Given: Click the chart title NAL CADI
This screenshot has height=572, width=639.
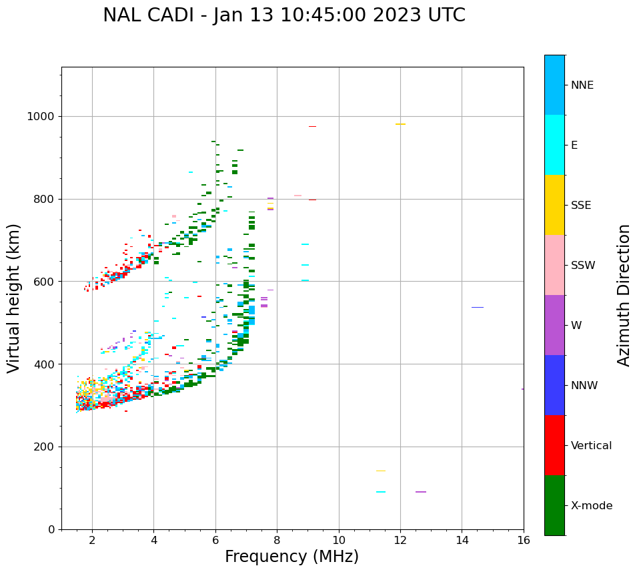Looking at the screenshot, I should click(283, 15).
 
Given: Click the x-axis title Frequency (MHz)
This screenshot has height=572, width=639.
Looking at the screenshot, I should click(291, 557).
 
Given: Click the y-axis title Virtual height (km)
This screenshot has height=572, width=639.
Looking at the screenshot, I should click(14, 298).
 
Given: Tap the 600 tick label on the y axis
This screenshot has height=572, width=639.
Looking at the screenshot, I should click(44, 282).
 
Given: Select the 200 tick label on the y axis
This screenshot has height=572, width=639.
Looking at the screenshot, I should click(44, 447).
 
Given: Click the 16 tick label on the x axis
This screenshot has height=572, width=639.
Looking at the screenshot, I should click(524, 540).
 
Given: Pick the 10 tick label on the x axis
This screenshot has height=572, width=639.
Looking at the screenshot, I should click(339, 540).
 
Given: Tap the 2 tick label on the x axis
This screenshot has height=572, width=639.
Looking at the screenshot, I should click(92, 540).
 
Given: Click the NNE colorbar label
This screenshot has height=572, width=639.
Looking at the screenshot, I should click(582, 85).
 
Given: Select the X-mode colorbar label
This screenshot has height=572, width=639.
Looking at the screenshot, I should click(591, 506).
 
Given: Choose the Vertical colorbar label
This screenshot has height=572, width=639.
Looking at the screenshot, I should click(591, 446).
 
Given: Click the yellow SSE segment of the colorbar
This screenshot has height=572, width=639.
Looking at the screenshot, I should click(554, 205).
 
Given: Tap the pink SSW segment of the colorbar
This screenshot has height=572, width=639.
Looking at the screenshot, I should click(554, 265).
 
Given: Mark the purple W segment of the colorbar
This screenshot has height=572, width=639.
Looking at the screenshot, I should click(554, 325).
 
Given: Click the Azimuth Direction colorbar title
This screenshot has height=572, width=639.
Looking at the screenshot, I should click(624, 295).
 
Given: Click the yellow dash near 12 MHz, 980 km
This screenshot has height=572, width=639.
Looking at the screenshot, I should click(400, 124).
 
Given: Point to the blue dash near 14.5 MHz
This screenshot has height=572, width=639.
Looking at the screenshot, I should click(477, 308).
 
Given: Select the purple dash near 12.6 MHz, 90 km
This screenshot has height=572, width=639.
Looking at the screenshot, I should click(420, 492).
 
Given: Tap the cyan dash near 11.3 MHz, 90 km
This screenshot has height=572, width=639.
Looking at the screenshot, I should click(380, 492).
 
